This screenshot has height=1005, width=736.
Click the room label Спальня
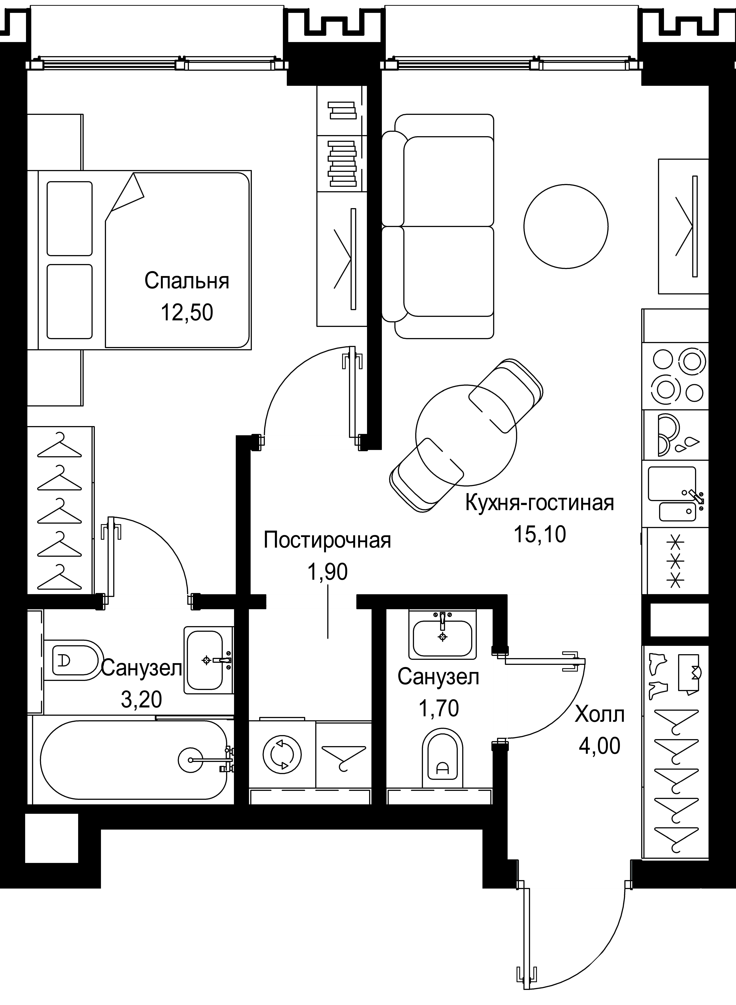[x=187, y=281]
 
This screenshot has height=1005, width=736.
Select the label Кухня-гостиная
[x=539, y=503]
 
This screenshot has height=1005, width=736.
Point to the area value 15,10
[x=539, y=534]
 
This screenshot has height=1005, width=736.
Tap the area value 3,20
[x=141, y=700]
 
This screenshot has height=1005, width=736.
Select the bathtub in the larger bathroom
[x=134, y=760]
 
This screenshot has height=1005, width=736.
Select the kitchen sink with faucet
[x=675, y=493]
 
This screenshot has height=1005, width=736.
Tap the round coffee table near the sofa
[x=566, y=227]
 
